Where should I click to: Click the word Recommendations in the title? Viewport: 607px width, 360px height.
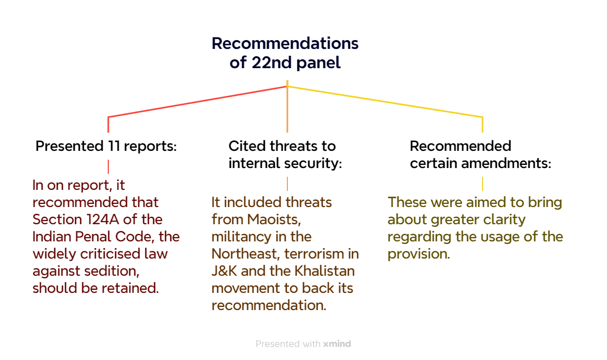[x=285, y=43]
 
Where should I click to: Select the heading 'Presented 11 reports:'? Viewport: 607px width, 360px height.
[x=106, y=146]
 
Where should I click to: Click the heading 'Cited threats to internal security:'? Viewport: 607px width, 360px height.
[x=285, y=155]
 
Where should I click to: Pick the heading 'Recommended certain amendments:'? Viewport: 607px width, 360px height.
[x=480, y=155]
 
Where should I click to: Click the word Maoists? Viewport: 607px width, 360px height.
[x=274, y=220]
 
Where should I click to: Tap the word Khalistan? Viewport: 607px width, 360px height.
[x=324, y=271]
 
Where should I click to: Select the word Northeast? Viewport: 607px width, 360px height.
[x=246, y=254]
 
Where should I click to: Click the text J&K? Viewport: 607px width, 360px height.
[x=224, y=271]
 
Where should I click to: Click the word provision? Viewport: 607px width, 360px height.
[x=419, y=254]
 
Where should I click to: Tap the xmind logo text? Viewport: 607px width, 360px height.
[x=337, y=344]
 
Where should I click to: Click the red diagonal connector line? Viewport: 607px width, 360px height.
[x=197, y=101]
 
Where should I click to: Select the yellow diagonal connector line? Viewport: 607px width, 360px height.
[x=385, y=101]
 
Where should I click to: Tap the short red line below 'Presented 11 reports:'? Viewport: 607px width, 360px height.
[x=108, y=166]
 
